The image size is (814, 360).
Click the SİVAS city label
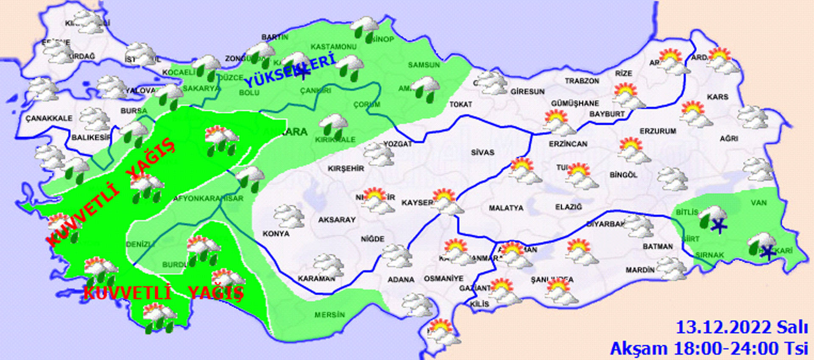coord(482,152)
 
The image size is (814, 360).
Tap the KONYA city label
coord(276,234)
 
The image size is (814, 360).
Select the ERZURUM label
coord(658,131)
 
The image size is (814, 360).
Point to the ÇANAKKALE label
coord(49,118)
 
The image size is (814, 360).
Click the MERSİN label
coord(329,315)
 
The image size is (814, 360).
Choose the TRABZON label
coord(582,81)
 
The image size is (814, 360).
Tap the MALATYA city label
coord(506,208)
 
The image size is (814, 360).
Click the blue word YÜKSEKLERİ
coord(290,71)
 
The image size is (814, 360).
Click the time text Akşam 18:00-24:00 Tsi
coord(709,349)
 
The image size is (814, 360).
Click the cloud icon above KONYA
coord(289,216)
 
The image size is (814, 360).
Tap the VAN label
coord(758,203)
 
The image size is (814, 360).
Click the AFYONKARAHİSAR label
coord(208,198)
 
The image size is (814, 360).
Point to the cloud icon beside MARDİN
coord(672,268)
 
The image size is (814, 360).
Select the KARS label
coord(717,97)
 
